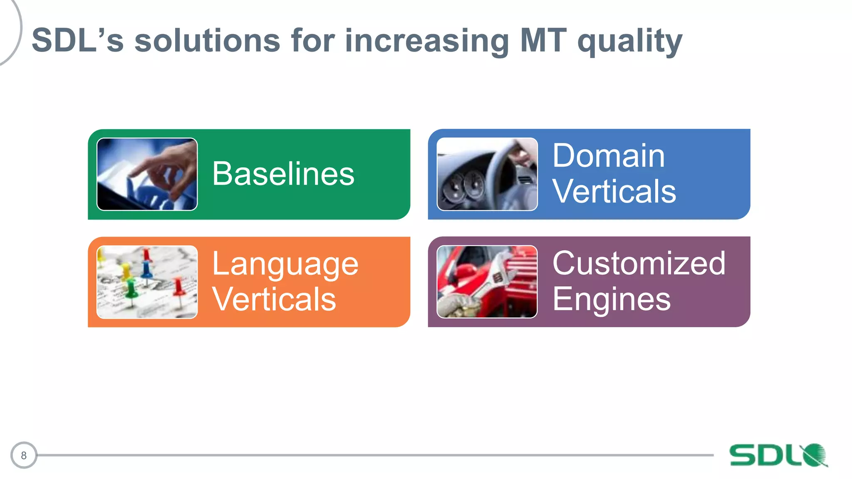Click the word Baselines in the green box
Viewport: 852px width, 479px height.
[x=283, y=174]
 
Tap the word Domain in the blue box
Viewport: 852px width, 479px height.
[x=608, y=156]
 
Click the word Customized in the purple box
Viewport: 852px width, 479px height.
[x=639, y=263]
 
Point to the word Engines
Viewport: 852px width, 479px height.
[x=612, y=299]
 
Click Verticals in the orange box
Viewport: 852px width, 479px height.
[x=274, y=299]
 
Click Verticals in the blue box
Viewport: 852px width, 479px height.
[x=614, y=191]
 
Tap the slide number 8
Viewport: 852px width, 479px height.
[x=24, y=455]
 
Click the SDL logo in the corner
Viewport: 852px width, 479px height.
[x=778, y=455]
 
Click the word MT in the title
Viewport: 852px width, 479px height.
[x=543, y=40]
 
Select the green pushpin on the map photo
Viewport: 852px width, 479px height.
[x=131, y=289]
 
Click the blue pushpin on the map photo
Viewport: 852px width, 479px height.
[x=146, y=268]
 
